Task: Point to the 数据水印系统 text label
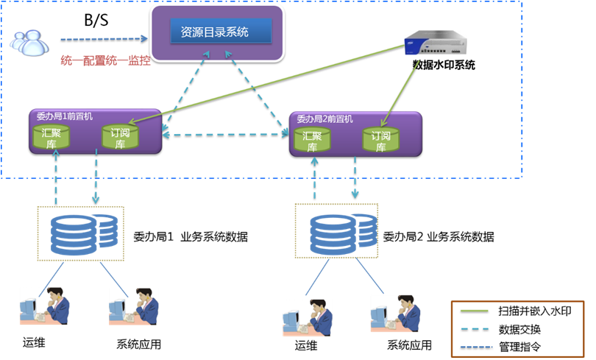(x=444, y=65)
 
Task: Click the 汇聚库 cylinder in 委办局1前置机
(x=52, y=137)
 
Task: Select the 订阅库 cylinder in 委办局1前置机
(x=118, y=137)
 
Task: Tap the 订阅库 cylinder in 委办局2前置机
(x=380, y=139)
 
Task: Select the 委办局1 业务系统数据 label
(x=190, y=237)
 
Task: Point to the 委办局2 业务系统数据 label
(x=438, y=237)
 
